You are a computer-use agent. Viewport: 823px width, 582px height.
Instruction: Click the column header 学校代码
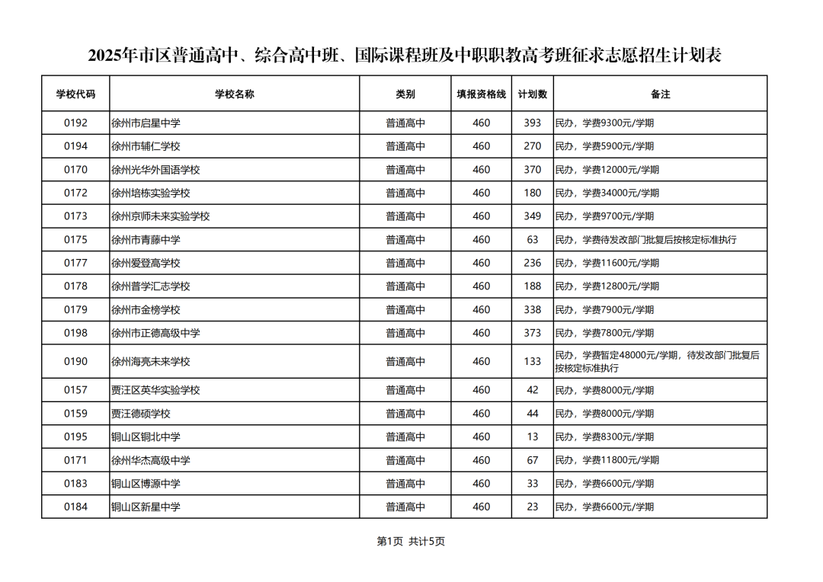pos(75,94)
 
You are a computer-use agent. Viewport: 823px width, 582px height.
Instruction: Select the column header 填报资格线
pos(481,94)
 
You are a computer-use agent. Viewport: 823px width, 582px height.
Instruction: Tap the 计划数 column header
pos(532,94)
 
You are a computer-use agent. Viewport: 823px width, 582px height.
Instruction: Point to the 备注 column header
pos(660,94)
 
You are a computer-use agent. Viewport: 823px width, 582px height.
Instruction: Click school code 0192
pos(75,123)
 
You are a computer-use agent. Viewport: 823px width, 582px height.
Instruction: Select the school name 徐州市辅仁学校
pos(146,146)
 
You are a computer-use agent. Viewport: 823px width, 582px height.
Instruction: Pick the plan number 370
pos(532,170)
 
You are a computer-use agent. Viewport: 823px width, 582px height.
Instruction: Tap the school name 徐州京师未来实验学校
pos(160,216)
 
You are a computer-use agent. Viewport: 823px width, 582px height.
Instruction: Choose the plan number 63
pos(532,240)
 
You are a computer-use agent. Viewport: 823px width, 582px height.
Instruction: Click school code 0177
pos(75,264)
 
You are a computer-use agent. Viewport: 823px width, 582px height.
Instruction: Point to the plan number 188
pos(532,286)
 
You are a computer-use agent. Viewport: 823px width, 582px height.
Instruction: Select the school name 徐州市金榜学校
pos(146,310)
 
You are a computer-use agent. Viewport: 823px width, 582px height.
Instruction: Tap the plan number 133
pos(532,362)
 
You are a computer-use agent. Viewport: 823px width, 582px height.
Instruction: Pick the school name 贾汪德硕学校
pos(141,414)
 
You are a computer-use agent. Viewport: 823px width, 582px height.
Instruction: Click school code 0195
pos(75,437)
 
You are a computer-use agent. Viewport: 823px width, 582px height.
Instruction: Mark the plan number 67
pos(532,460)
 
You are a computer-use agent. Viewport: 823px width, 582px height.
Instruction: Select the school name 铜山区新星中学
pos(146,507)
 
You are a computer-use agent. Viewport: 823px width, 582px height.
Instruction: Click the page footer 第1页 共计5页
pos(411,542)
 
